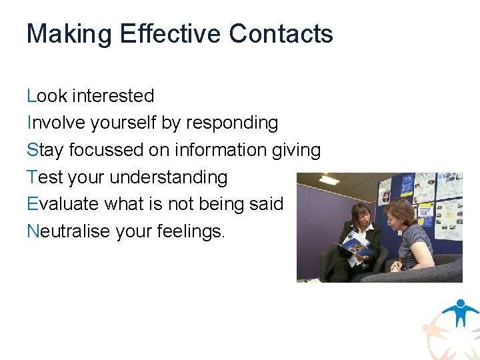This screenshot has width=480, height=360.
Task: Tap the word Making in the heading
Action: [69, 34]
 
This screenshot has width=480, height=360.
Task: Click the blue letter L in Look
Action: [31, 96]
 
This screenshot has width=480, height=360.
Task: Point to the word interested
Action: [113, 96]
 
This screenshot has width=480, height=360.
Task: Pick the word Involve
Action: [55, 123]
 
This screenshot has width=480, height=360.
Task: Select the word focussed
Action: [106, 150]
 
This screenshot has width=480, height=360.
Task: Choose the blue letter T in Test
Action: [31, 177]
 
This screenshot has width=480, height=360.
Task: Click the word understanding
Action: [168, 177]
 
